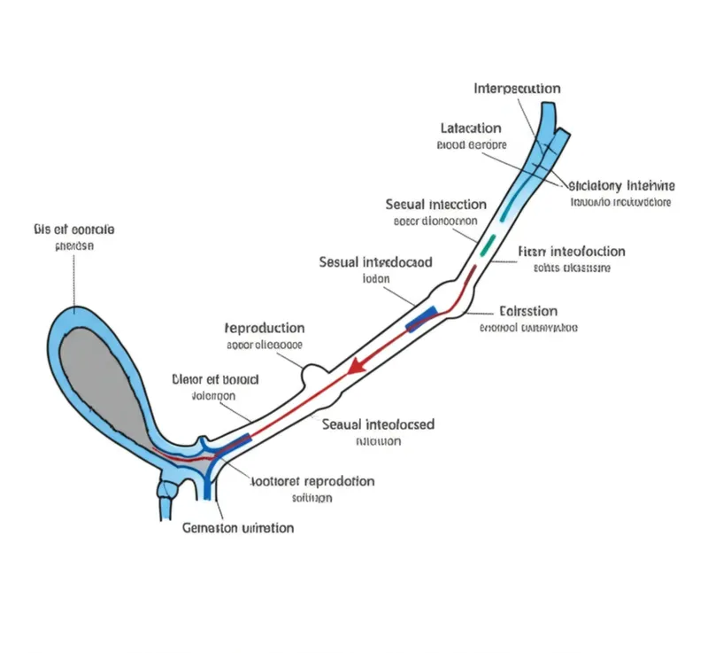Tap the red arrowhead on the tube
pyautogui.click(x=355, y=364)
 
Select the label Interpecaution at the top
pyautogui.click(x=517, y=89)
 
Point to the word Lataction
pyautogui.click(x=471, y=128)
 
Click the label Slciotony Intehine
pyautogui.click(x=620, y=186)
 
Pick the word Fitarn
pyautogui.click(x=529, y=252)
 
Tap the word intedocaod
pyautogui.click(x=398, y=262)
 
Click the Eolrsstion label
pyautogui.click(x=528, y=311)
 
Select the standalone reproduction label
pyautogui.click(x=265, y=328)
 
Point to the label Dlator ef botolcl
pyautogui.click(x=214, y=379)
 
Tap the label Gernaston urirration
pyautogui.click(x=237, y=528)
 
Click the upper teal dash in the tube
pyautogui.click(x=504, y=212)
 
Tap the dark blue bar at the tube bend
pyautogui.click(x=421, y=318)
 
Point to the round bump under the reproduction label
pyautogui.click(x=314, y=374)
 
